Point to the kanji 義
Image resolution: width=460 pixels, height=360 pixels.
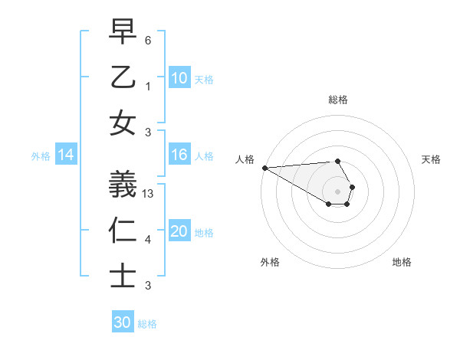(x=123, y=185)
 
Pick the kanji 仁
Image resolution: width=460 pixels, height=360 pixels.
(x=123, y=230)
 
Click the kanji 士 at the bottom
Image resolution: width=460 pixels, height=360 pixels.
(x=123, y=275)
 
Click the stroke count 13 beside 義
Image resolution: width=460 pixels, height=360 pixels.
(x=149, y=195)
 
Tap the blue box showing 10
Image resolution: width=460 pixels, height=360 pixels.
(x=179, y=78)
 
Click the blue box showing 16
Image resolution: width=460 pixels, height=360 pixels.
(x=179, y=155)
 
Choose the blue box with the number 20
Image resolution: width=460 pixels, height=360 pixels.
(x=179, y=232)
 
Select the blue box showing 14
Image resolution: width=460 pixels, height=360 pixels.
(x=66, y=155)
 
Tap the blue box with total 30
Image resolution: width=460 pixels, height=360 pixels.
(x=123, y=323)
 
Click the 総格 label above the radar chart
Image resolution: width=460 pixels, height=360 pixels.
(x=337, y=100)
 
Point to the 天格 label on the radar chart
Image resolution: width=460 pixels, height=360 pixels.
(x=431, y=159)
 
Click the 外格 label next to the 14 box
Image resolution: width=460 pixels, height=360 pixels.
(x=41, y=156)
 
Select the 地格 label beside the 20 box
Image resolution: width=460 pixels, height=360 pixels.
(x=204, y=233)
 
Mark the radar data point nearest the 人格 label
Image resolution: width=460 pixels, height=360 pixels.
(x=264, y=168)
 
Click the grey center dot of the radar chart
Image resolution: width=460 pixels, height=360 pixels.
(x=337, y=191)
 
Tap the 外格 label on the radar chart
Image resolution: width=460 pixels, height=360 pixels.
(x=270, y=262)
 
